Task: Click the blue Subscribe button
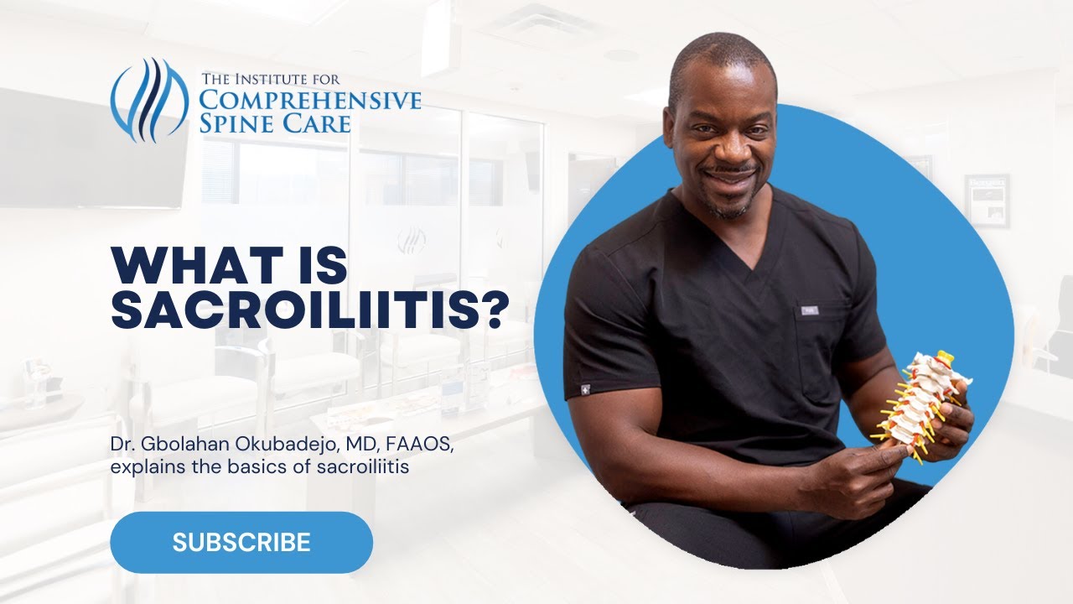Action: click(x=241, y=542)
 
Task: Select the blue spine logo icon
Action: click(x=149, y=99)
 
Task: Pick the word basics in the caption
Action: click(x=261, y=466)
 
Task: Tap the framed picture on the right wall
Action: click(x=986, y=200)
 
